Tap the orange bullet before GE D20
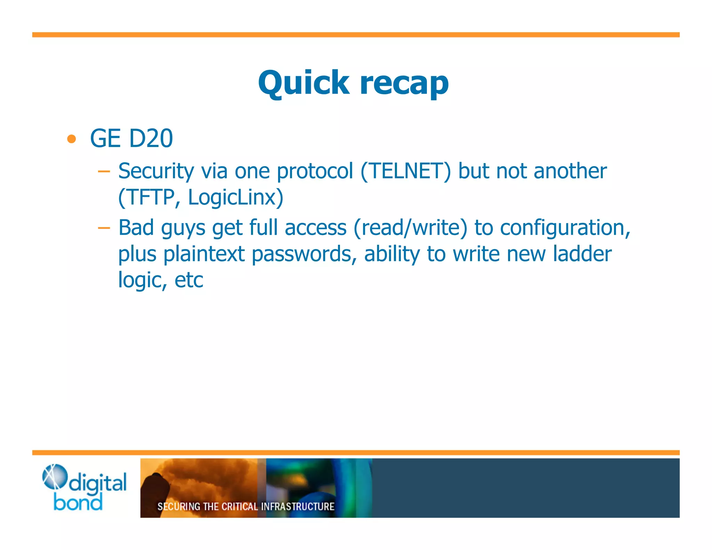tap(72, 139)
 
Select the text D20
tap(151, 138)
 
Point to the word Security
tap(156, 171)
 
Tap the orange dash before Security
tap(104, 171)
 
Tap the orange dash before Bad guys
tap(104, 228)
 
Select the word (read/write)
tap(410, 228)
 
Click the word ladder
tap(582, 254)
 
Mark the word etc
tap(189, 280)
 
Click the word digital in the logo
tap(98, 483)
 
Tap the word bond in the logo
tap(78, 503)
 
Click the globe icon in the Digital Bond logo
tap(54, 476)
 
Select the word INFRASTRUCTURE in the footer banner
tap(298, 507)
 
